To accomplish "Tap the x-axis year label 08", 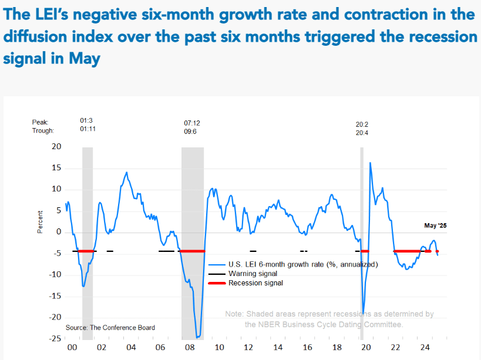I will [190, 348].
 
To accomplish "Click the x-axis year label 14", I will [278, 348].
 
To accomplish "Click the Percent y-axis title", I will [41, 221].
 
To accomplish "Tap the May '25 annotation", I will [435, 226].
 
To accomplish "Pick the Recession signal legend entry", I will [255, 283].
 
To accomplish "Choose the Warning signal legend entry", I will [253, 274].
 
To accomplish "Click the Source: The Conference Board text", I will [110, 327].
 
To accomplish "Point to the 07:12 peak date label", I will [192, 123].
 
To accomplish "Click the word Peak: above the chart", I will [40, 122].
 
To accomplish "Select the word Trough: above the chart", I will [43, 131].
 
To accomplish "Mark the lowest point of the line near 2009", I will [199, 338].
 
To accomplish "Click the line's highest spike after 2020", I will [370, 163].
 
